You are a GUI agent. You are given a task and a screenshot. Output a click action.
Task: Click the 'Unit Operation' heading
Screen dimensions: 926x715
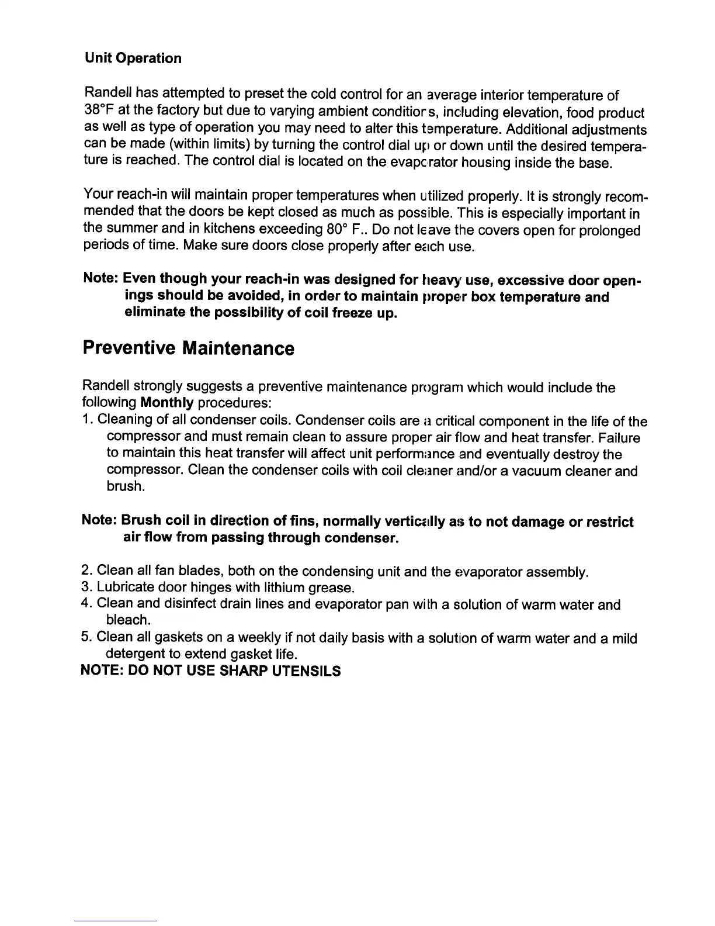pyautogui.click(x=133, y=58)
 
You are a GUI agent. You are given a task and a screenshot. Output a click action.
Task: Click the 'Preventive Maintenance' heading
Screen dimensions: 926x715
pyautogui.click(x=188, y=349)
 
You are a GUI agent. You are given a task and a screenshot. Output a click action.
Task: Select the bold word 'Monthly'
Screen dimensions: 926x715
pyautogui.click(x=167, y=403)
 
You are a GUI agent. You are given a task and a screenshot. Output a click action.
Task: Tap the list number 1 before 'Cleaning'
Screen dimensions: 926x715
pyautogui.click(x=87, y=420)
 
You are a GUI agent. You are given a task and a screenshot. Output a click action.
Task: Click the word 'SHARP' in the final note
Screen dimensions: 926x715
pyautogui.click(x=244, y=671)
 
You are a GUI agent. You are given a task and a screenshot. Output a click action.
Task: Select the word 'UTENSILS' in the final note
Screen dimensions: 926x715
pyautogui.click(x=307, y=671)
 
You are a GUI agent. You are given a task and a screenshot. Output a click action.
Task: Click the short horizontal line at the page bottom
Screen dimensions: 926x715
pyautogui.click(x=116, y=921)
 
